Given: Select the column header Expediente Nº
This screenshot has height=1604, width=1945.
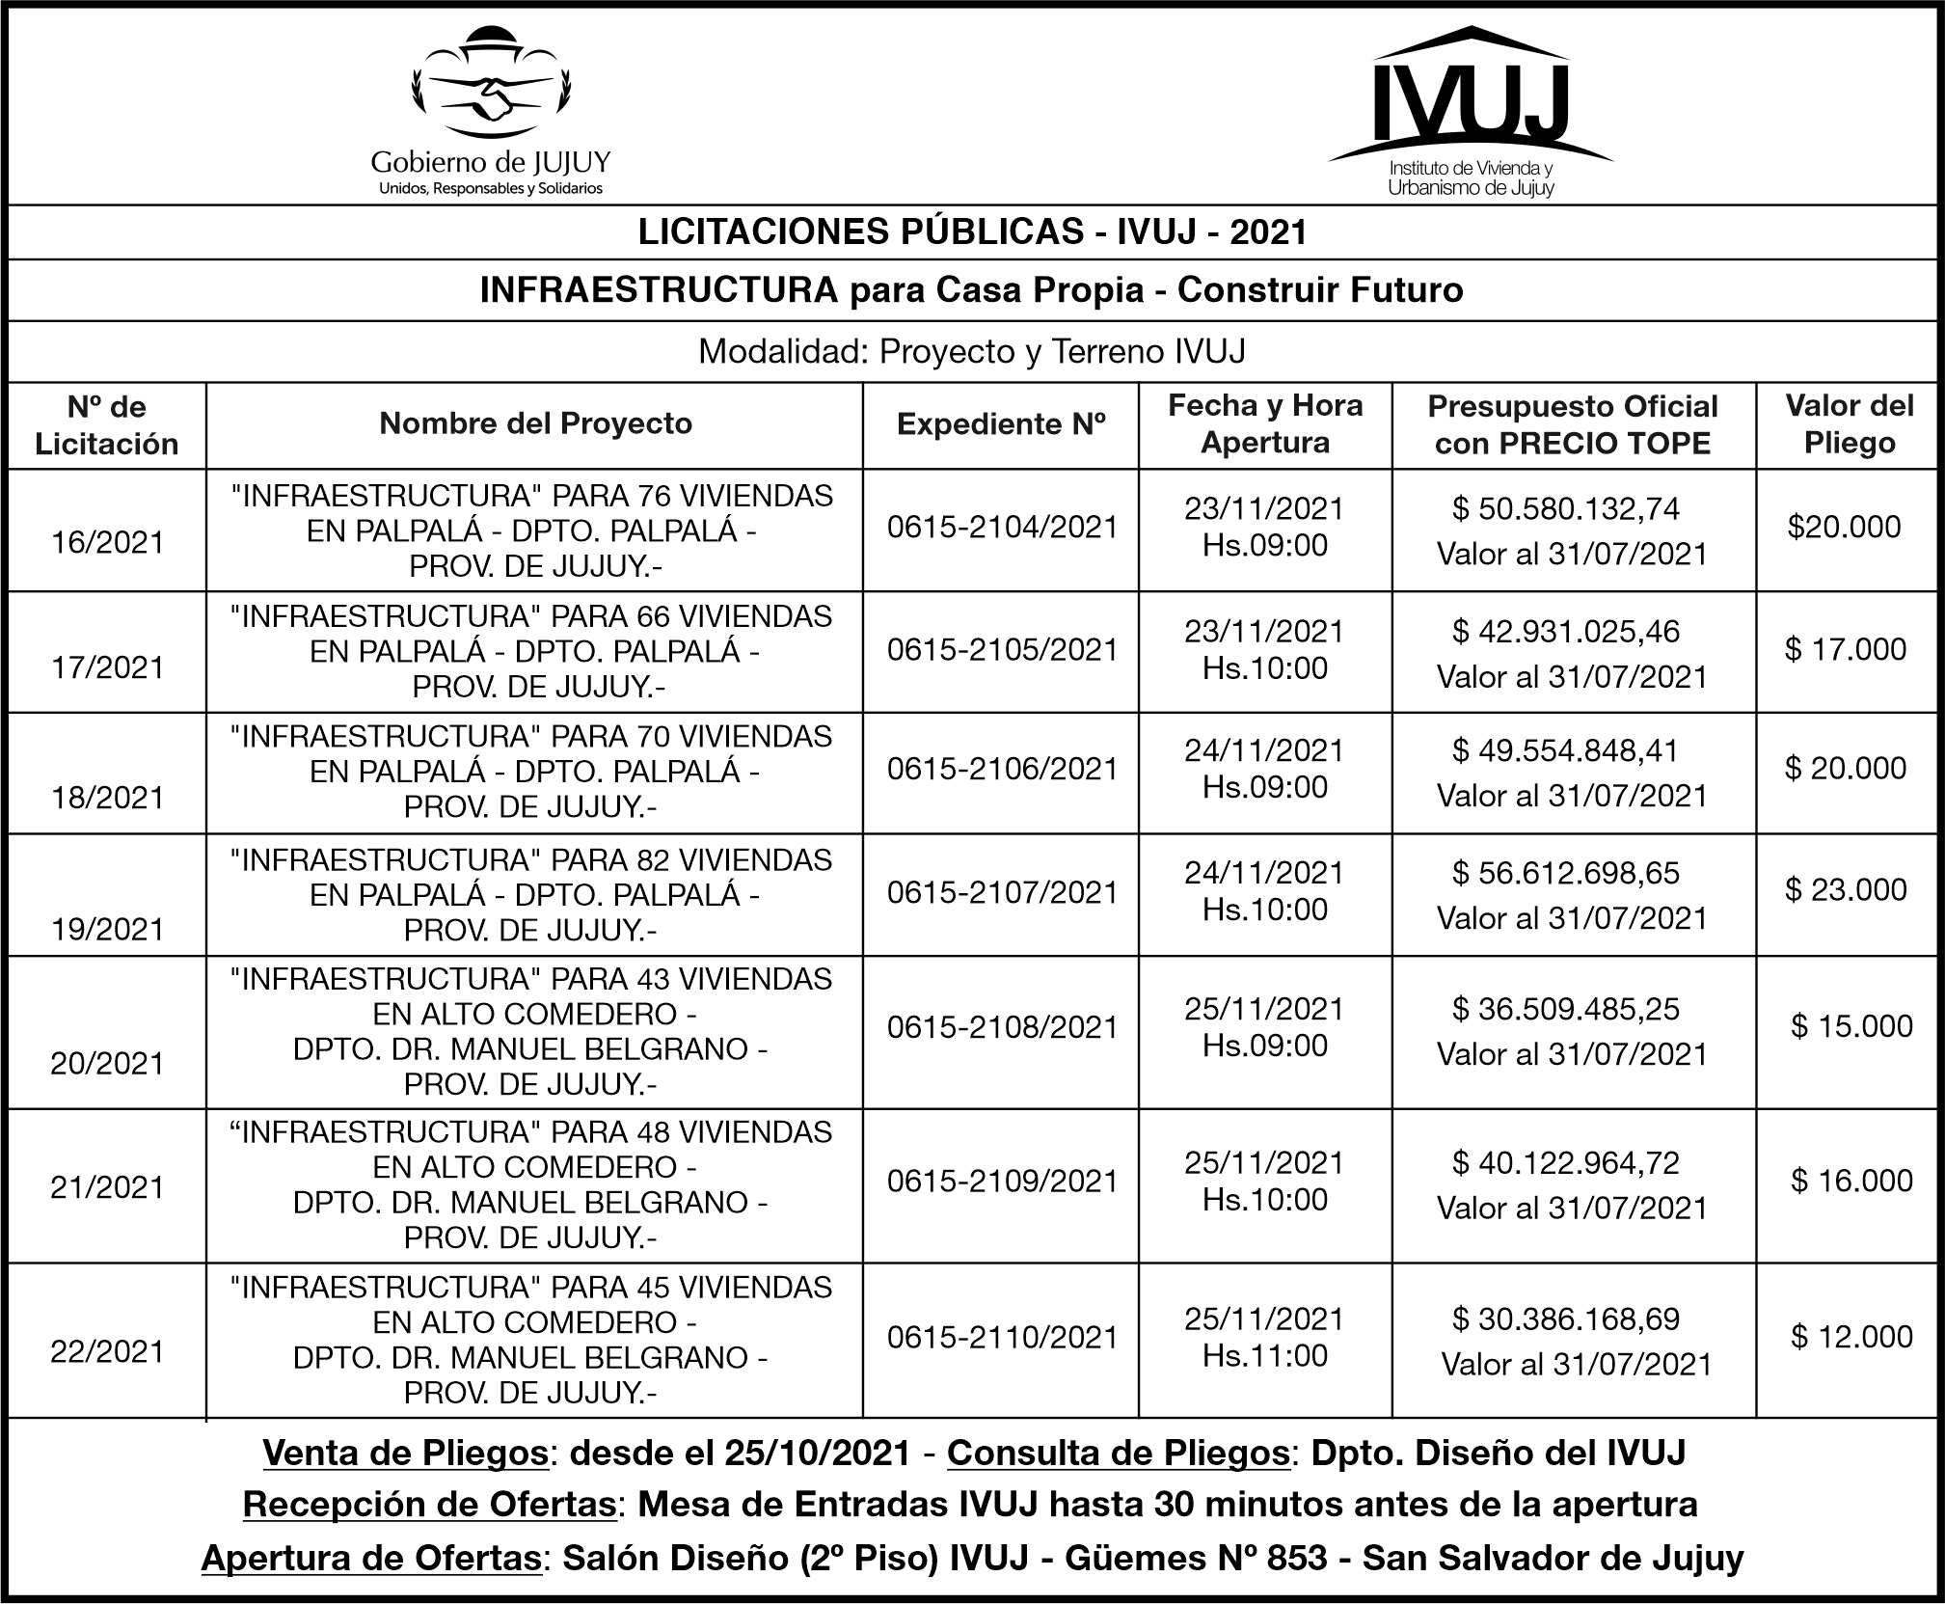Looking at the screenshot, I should pyautogui.click(x=1001, y=424).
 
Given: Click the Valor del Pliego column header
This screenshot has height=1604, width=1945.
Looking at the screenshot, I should pyautogui.click(x=1850, y=424).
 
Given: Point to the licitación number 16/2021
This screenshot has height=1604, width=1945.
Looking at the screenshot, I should pyautogui.click(x=107, y=543).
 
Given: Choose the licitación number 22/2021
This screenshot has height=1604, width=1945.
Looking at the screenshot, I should pyautogui.click(x=107, y=1351).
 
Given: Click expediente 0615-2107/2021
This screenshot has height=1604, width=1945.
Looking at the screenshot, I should pyautogui.click(x=1002, y=892).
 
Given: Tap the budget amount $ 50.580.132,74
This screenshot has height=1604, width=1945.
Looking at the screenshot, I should pyautogui.click(x=1565, y=509).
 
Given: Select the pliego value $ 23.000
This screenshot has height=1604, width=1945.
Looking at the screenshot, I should pyautogui.click(x=1845, y=889).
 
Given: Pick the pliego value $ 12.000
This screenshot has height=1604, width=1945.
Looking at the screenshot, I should pyautogui.click(x=1851, y=1337).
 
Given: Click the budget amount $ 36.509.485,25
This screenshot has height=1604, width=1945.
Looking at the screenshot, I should pyautogui.click(x=1565, y=1009).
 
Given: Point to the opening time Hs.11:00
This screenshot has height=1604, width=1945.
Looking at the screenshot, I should pyautogui.click(x=1264, y=1355).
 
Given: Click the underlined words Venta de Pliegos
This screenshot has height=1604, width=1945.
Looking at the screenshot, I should pyautogui.click(x=405, y=1454).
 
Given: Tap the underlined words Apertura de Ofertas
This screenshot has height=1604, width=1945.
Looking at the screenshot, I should pyautogui.click(x=370, y=1559).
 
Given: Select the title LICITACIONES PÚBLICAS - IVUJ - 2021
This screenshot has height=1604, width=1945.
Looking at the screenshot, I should pyautogui.click(x=972, y=232).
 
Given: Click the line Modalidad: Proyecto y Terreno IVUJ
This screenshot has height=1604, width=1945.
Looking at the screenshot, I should pyautogui.click(x=972, y=352).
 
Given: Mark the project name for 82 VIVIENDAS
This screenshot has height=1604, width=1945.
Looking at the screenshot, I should pyautogui.click(x=531, y=895).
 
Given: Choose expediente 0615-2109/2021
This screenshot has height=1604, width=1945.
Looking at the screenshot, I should pyautogui.click(x=1002, y=1182).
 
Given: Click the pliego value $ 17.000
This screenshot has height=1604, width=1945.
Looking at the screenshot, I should pyautogui.click(x=1845, y=649).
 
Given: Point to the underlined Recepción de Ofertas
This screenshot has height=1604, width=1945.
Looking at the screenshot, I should pyautogui.click(x=429, y=1505).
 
